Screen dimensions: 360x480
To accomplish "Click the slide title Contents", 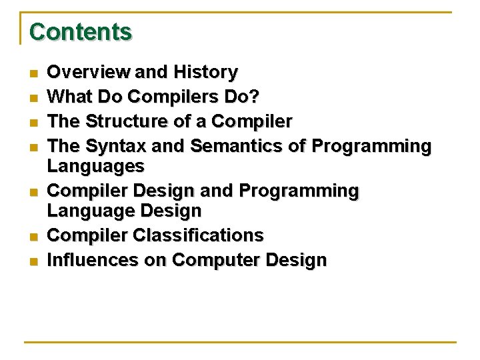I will pos(81,31).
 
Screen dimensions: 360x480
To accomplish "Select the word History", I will pos(205,71).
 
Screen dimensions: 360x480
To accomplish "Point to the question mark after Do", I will pos(256,97).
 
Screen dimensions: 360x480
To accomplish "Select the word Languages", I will pos(95,165).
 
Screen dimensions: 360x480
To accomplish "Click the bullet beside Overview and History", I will pos(32,72).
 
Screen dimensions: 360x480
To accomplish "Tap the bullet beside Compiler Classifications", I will pos(32,236).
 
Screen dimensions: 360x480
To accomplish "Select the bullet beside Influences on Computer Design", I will pos(32,261).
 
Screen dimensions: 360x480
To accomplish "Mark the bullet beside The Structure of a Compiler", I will pos(32,122).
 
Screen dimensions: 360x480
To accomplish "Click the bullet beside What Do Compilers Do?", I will pos(32,97).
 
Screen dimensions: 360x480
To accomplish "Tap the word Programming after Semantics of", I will pos(371,145).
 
